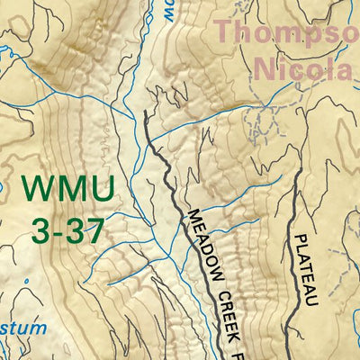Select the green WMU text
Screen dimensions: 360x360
pyautogui.click(x=68, y=190)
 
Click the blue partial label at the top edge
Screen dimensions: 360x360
pyautogui.click(x=169, y=11)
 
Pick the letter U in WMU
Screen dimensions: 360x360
pyautogui.click(x=102, y=190)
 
